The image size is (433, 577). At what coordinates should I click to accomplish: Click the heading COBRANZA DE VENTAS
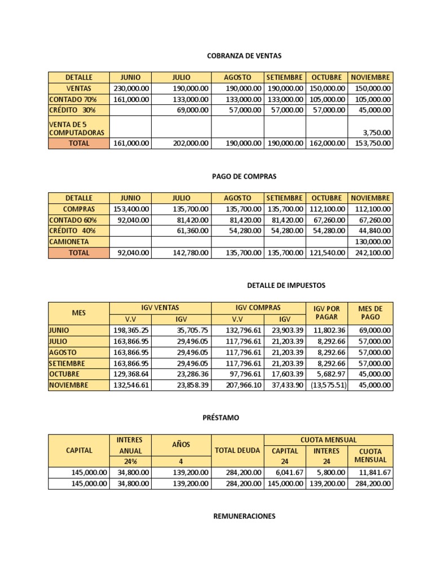click(x=244, y=56)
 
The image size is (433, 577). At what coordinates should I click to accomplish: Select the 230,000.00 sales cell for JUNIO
click(x=131, y=88)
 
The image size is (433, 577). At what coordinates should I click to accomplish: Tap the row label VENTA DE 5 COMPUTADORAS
click(x=78, y=127)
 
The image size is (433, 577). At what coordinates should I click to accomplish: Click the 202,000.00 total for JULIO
click(x=191, y=143)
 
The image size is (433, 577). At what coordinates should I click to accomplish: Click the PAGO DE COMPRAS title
click(x=244, y=176)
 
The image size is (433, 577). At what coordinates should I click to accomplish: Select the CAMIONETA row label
click(x=69, y=242)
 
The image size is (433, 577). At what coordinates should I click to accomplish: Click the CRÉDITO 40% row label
click(x=72, y=230)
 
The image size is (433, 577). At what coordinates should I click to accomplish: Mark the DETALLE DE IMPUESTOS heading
click(x=286, y=286)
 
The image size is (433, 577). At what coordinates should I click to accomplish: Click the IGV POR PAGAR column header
click(x=326, y=313)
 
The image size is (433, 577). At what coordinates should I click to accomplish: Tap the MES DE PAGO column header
click(x=370, y=313)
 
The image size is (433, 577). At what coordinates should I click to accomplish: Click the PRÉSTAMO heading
click(x=221, y=418)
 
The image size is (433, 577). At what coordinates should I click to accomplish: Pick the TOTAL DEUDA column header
click(x=237, y=451)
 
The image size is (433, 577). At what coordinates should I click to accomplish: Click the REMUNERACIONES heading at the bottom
click(x=244, y=516)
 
